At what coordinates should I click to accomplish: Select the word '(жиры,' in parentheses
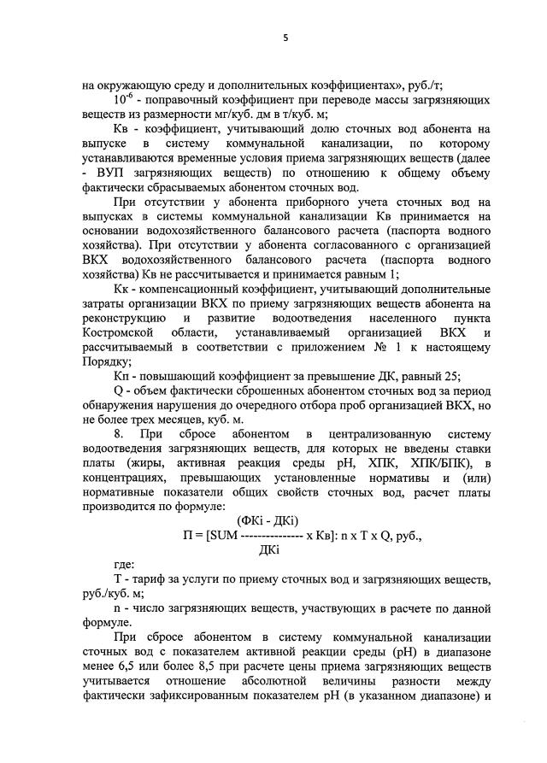(141, 462)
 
